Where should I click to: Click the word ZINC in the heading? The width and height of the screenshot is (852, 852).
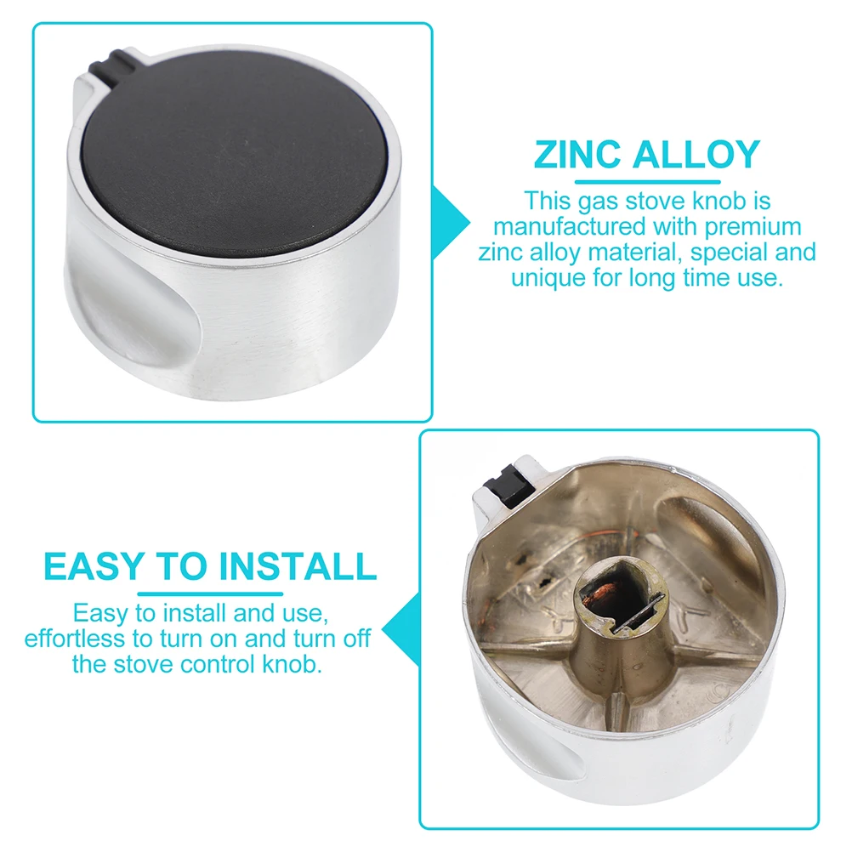(575, 156)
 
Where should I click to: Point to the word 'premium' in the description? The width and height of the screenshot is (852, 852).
(748, 227)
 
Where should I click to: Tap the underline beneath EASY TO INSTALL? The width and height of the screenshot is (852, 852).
(210, 593)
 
